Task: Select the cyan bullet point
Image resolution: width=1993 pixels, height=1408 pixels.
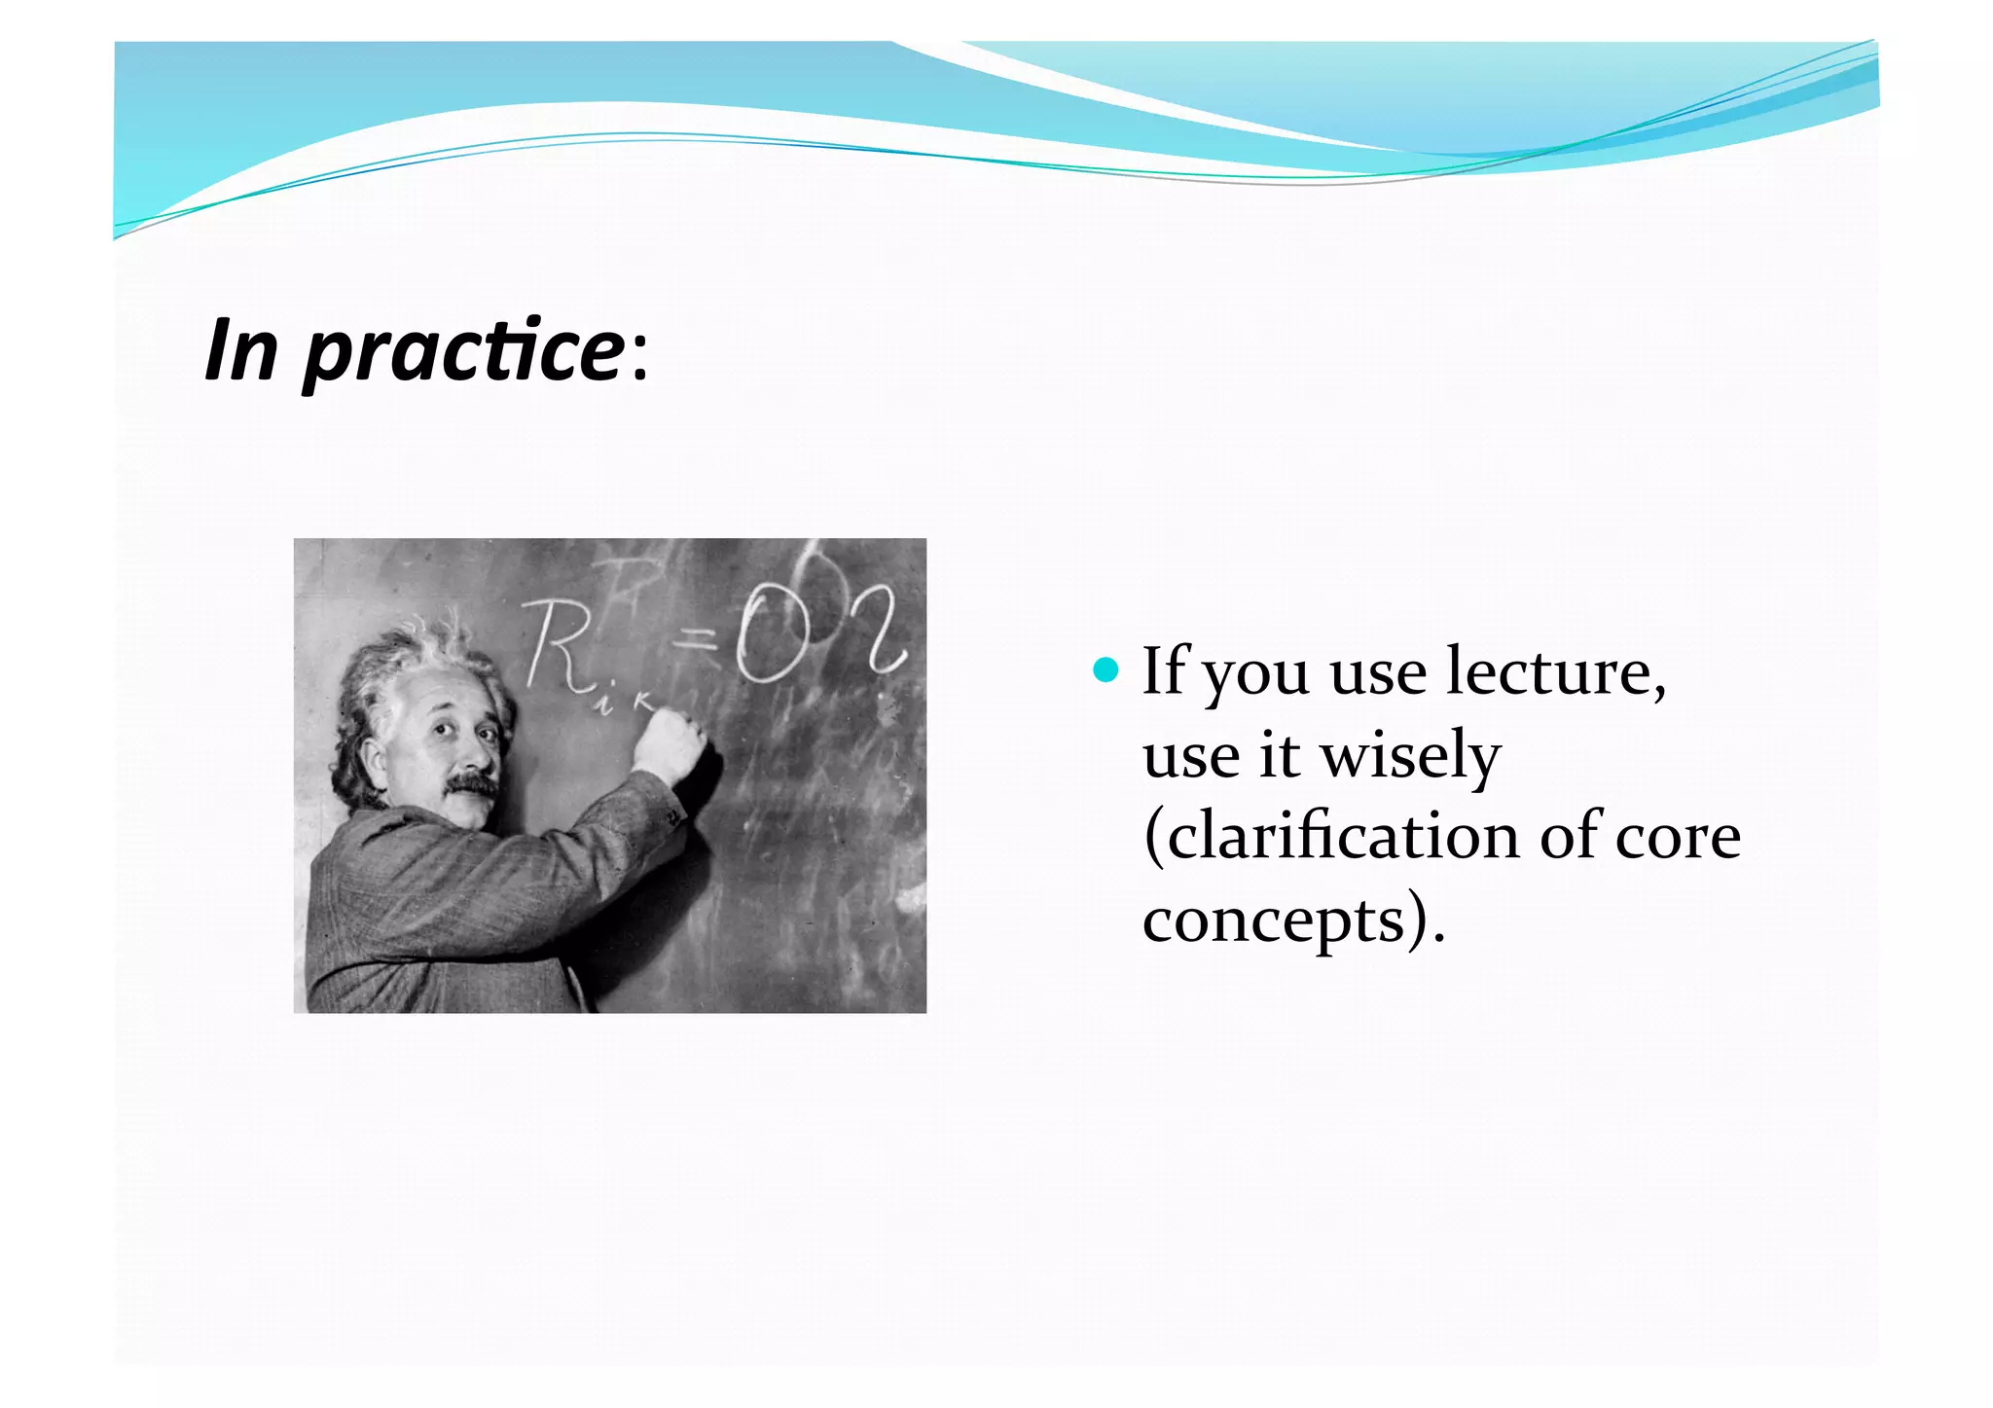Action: pos(1105,669)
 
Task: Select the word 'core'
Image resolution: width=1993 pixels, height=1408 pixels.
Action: pos(1678,839)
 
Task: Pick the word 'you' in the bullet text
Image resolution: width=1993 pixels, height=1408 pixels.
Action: pos(1255,675)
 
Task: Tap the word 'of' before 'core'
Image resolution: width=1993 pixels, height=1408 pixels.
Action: pos(1570,837)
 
